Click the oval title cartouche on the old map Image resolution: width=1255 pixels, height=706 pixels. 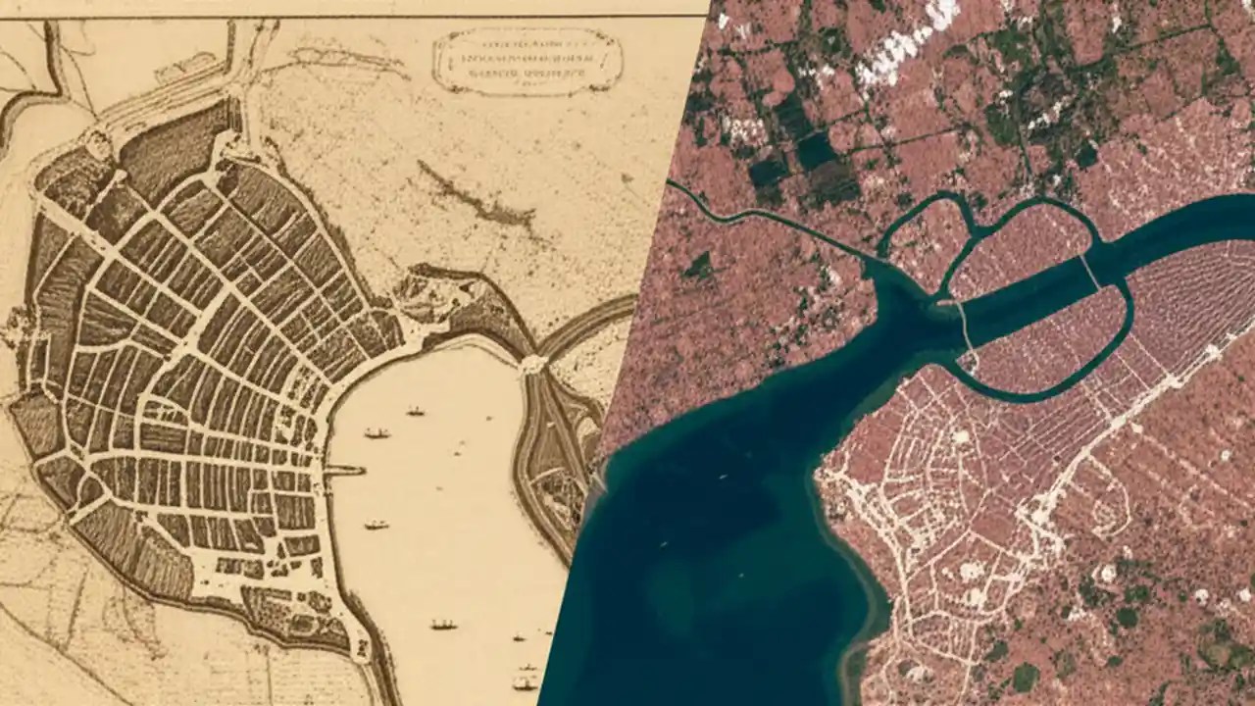(527, 60)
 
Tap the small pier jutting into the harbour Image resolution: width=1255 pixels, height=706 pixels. (344, 471)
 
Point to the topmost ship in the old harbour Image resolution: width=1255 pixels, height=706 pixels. (416, 410)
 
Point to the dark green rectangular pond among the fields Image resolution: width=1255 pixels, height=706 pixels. (816, 151)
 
